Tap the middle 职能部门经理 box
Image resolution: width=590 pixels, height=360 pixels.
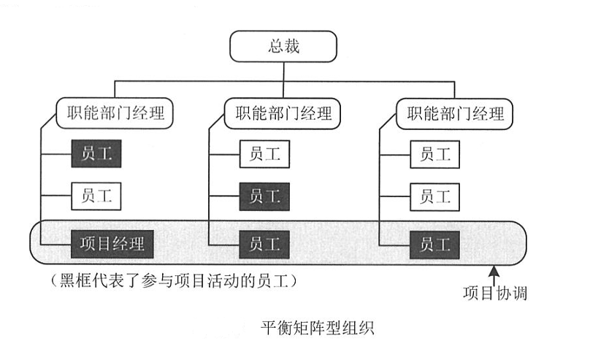283,114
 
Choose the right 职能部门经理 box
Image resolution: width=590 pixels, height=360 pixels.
454,114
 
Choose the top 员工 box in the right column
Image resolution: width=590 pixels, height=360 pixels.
435,154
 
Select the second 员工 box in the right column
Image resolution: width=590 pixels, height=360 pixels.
435,196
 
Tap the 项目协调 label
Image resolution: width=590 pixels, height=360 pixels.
495,294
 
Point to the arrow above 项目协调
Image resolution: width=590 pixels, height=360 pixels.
496,276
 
